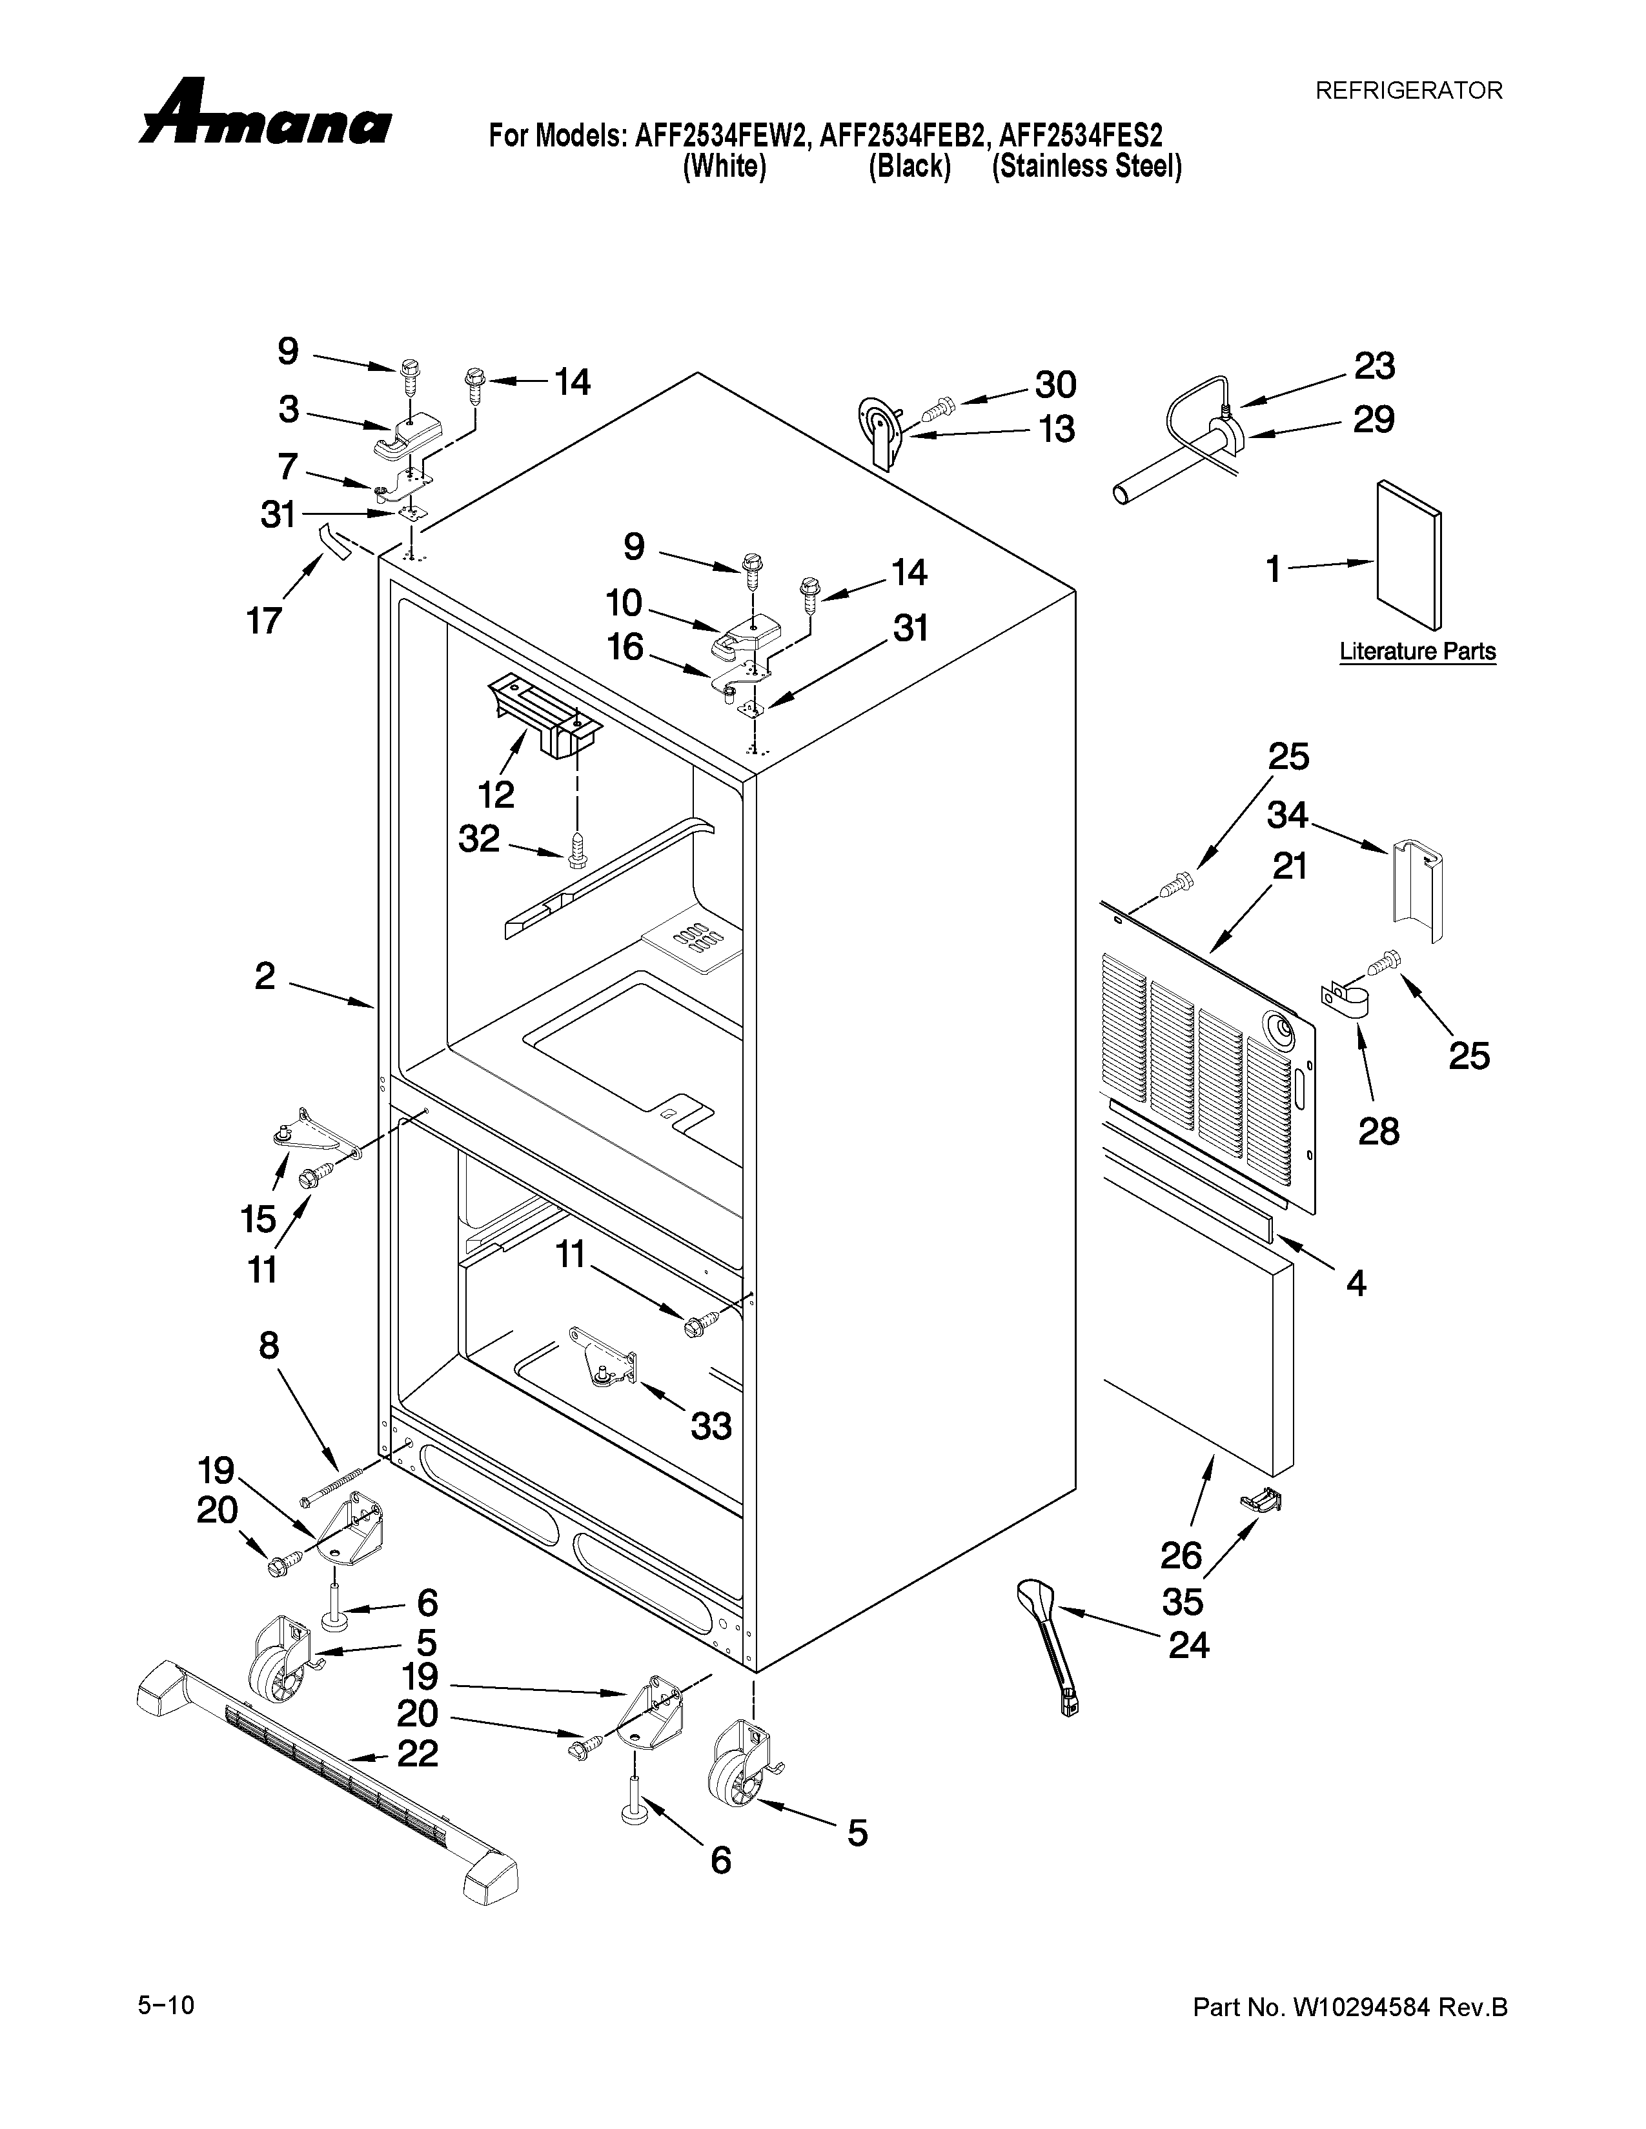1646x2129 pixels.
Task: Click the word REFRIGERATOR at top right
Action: click(1408, 91)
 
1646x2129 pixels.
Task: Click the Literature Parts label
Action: click(1417, 650)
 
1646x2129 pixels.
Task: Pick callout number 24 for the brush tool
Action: click(1188, 1646)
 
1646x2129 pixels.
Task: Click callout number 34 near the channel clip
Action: click(1287, 815)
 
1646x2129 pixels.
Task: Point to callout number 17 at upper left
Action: click(264, 620)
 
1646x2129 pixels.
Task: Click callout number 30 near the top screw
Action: click(1055, 385)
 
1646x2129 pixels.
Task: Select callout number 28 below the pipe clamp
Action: click(1378, 1131)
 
